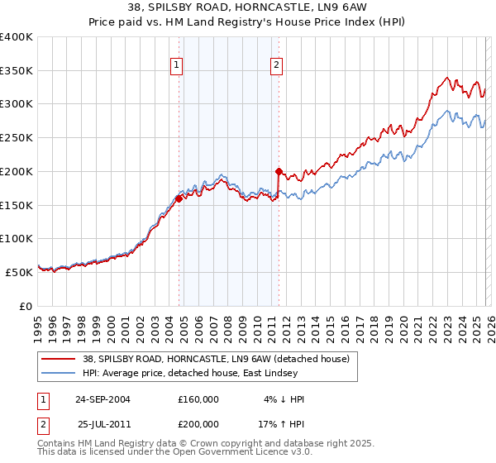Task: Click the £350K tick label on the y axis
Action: (x=17, y=71)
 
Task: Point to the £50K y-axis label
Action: (x=19, y=272)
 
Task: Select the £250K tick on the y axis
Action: (x=17, y=138)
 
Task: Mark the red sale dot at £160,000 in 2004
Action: (x=179, y=198)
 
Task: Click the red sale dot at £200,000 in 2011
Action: (x=279, y=172)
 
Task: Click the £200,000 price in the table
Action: (x=198, y=422)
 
